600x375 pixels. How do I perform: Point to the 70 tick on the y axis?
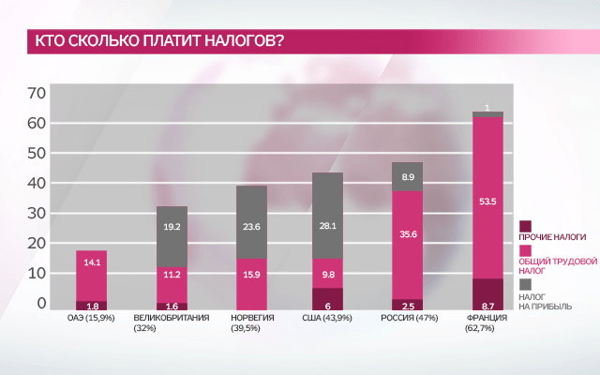(x=37, y=93)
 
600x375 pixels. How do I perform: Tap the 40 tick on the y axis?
(x=37, y=184)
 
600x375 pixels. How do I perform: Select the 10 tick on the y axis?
(x=37, y=274)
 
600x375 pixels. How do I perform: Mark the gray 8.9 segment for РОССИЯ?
(x=408, y=176)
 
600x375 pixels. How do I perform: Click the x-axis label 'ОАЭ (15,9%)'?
(x=92, y=318)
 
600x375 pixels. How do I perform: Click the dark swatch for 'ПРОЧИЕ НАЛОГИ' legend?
(x=525, y=226)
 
